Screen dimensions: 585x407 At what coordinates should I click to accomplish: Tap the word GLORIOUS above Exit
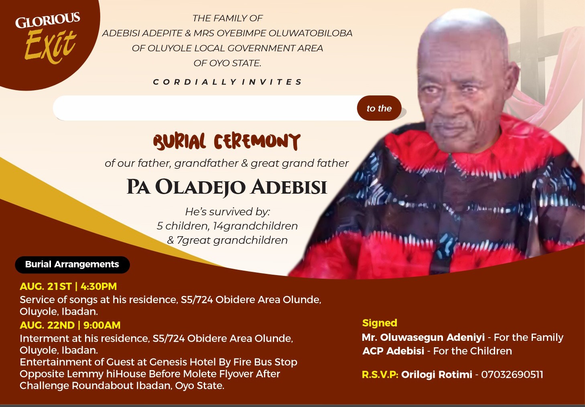[48, 20]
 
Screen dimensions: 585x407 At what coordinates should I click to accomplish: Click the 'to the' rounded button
[379, 108]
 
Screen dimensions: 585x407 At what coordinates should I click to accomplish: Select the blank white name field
[205, 108]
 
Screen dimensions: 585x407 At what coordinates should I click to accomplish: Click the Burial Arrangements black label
[72, 265]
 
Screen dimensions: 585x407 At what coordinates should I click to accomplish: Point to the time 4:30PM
[99, 286]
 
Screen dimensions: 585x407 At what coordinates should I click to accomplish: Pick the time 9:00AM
[102, 325]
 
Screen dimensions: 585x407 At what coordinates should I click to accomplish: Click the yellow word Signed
[380, 323]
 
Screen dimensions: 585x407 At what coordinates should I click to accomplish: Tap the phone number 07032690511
[512, 375]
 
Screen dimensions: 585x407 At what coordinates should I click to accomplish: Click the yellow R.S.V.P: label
[380, 375]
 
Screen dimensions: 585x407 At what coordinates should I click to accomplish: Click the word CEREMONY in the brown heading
[257, 142]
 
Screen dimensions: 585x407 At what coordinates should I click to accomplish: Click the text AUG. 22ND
[47, 325]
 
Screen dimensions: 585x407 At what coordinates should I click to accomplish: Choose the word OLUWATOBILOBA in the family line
[311, 33]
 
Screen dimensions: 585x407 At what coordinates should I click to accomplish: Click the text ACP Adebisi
[393, 351]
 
